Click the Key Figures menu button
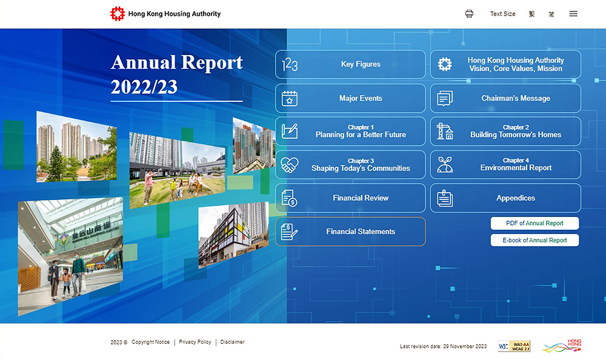click(350, 64)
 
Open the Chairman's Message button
click(505, 98)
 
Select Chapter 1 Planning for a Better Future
click(350, 132)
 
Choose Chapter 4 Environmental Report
click(505, 165)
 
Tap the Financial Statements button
click(350, 232)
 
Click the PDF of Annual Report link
click(534, 223)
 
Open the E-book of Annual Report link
click(534, 240)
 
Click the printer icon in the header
click(469, 14)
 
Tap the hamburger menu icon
click(573, 14)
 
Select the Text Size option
click(502, 14)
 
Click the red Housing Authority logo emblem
click(118, 14)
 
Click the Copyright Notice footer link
click(150, 342)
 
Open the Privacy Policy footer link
click(195, 342)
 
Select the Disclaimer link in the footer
click(232, 342)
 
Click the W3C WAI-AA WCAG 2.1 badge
click(514, 346)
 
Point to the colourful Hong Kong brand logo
click(562, 345)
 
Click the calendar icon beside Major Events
click(290, 98)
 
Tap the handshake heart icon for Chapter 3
click(290, 165)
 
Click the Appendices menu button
click(505, 198)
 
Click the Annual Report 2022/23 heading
click(176, 75)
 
